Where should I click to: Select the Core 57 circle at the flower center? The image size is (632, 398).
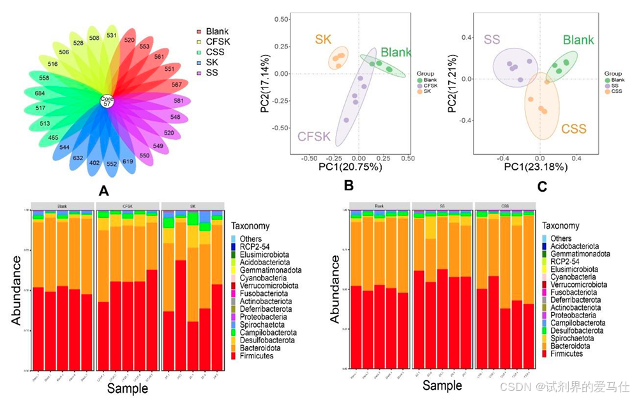(107, 101)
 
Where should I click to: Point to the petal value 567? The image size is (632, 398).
(176, 85)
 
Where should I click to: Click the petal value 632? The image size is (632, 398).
(78, 158)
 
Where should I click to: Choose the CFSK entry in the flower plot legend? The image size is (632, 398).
(216, 42)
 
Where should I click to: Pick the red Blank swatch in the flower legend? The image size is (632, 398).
(199, 31)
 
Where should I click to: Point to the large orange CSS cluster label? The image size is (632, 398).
(573, 130)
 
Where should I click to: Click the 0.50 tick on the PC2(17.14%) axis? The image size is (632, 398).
(281, 19)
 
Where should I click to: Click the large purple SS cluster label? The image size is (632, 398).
(492, 40)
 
